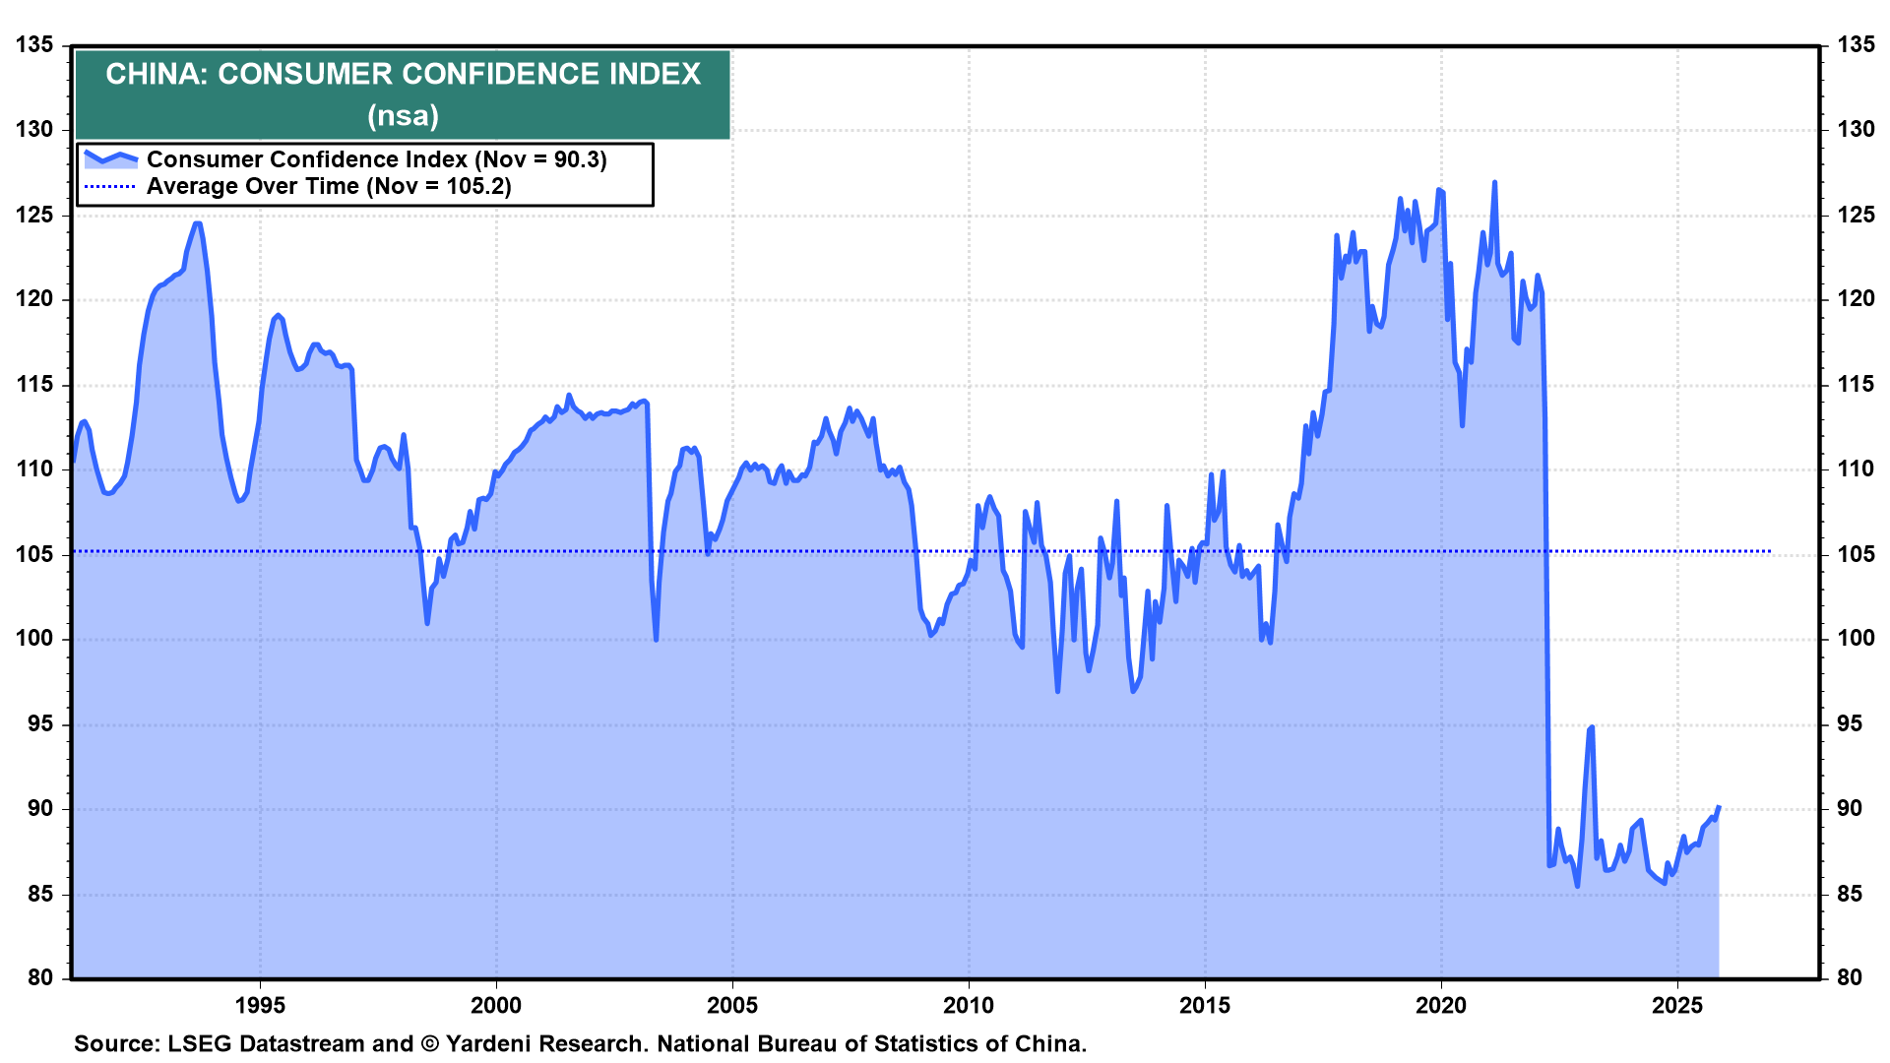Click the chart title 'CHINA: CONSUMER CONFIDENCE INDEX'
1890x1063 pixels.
pyautogui.click(x=403, y=75)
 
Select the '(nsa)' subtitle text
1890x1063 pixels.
pyautogui.click(x=403, y=116)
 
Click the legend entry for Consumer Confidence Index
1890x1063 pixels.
pyautogui.click(x=376, y=159)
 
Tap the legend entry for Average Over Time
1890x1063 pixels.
pyautogui.click(x=329, y=186)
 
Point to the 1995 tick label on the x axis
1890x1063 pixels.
pyautogui.click(x=260, y=1005)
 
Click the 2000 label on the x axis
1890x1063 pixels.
pyautogui.click(x=496, y=1005)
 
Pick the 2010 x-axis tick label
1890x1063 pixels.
pyautogui.click(x=969, y=1005)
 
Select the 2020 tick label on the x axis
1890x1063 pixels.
pyautogui.click(x=1441, y=1005)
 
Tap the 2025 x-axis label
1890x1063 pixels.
pyautogui.click(x=1677, y=1005)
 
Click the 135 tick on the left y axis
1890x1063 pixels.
pyautogui.click(x=34, y=44)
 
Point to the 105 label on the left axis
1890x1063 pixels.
pyautogui.click(x=34, y=554)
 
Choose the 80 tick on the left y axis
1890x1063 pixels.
pyautogui.click(x=40, y=977)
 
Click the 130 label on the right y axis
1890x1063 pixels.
pyautogui.click(x=1856, y=129)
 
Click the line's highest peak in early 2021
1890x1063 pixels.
pyautogui.click(x=1494, y=182)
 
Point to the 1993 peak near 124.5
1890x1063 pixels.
pyautogui.click(x=197, y=223)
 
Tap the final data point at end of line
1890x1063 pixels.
pyautogui.click(x=1719, y=807)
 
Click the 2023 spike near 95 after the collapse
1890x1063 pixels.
pyautogui.click(x=1592, y=727)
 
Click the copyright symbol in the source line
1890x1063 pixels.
pyautogui.click(x=429, y=1043)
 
